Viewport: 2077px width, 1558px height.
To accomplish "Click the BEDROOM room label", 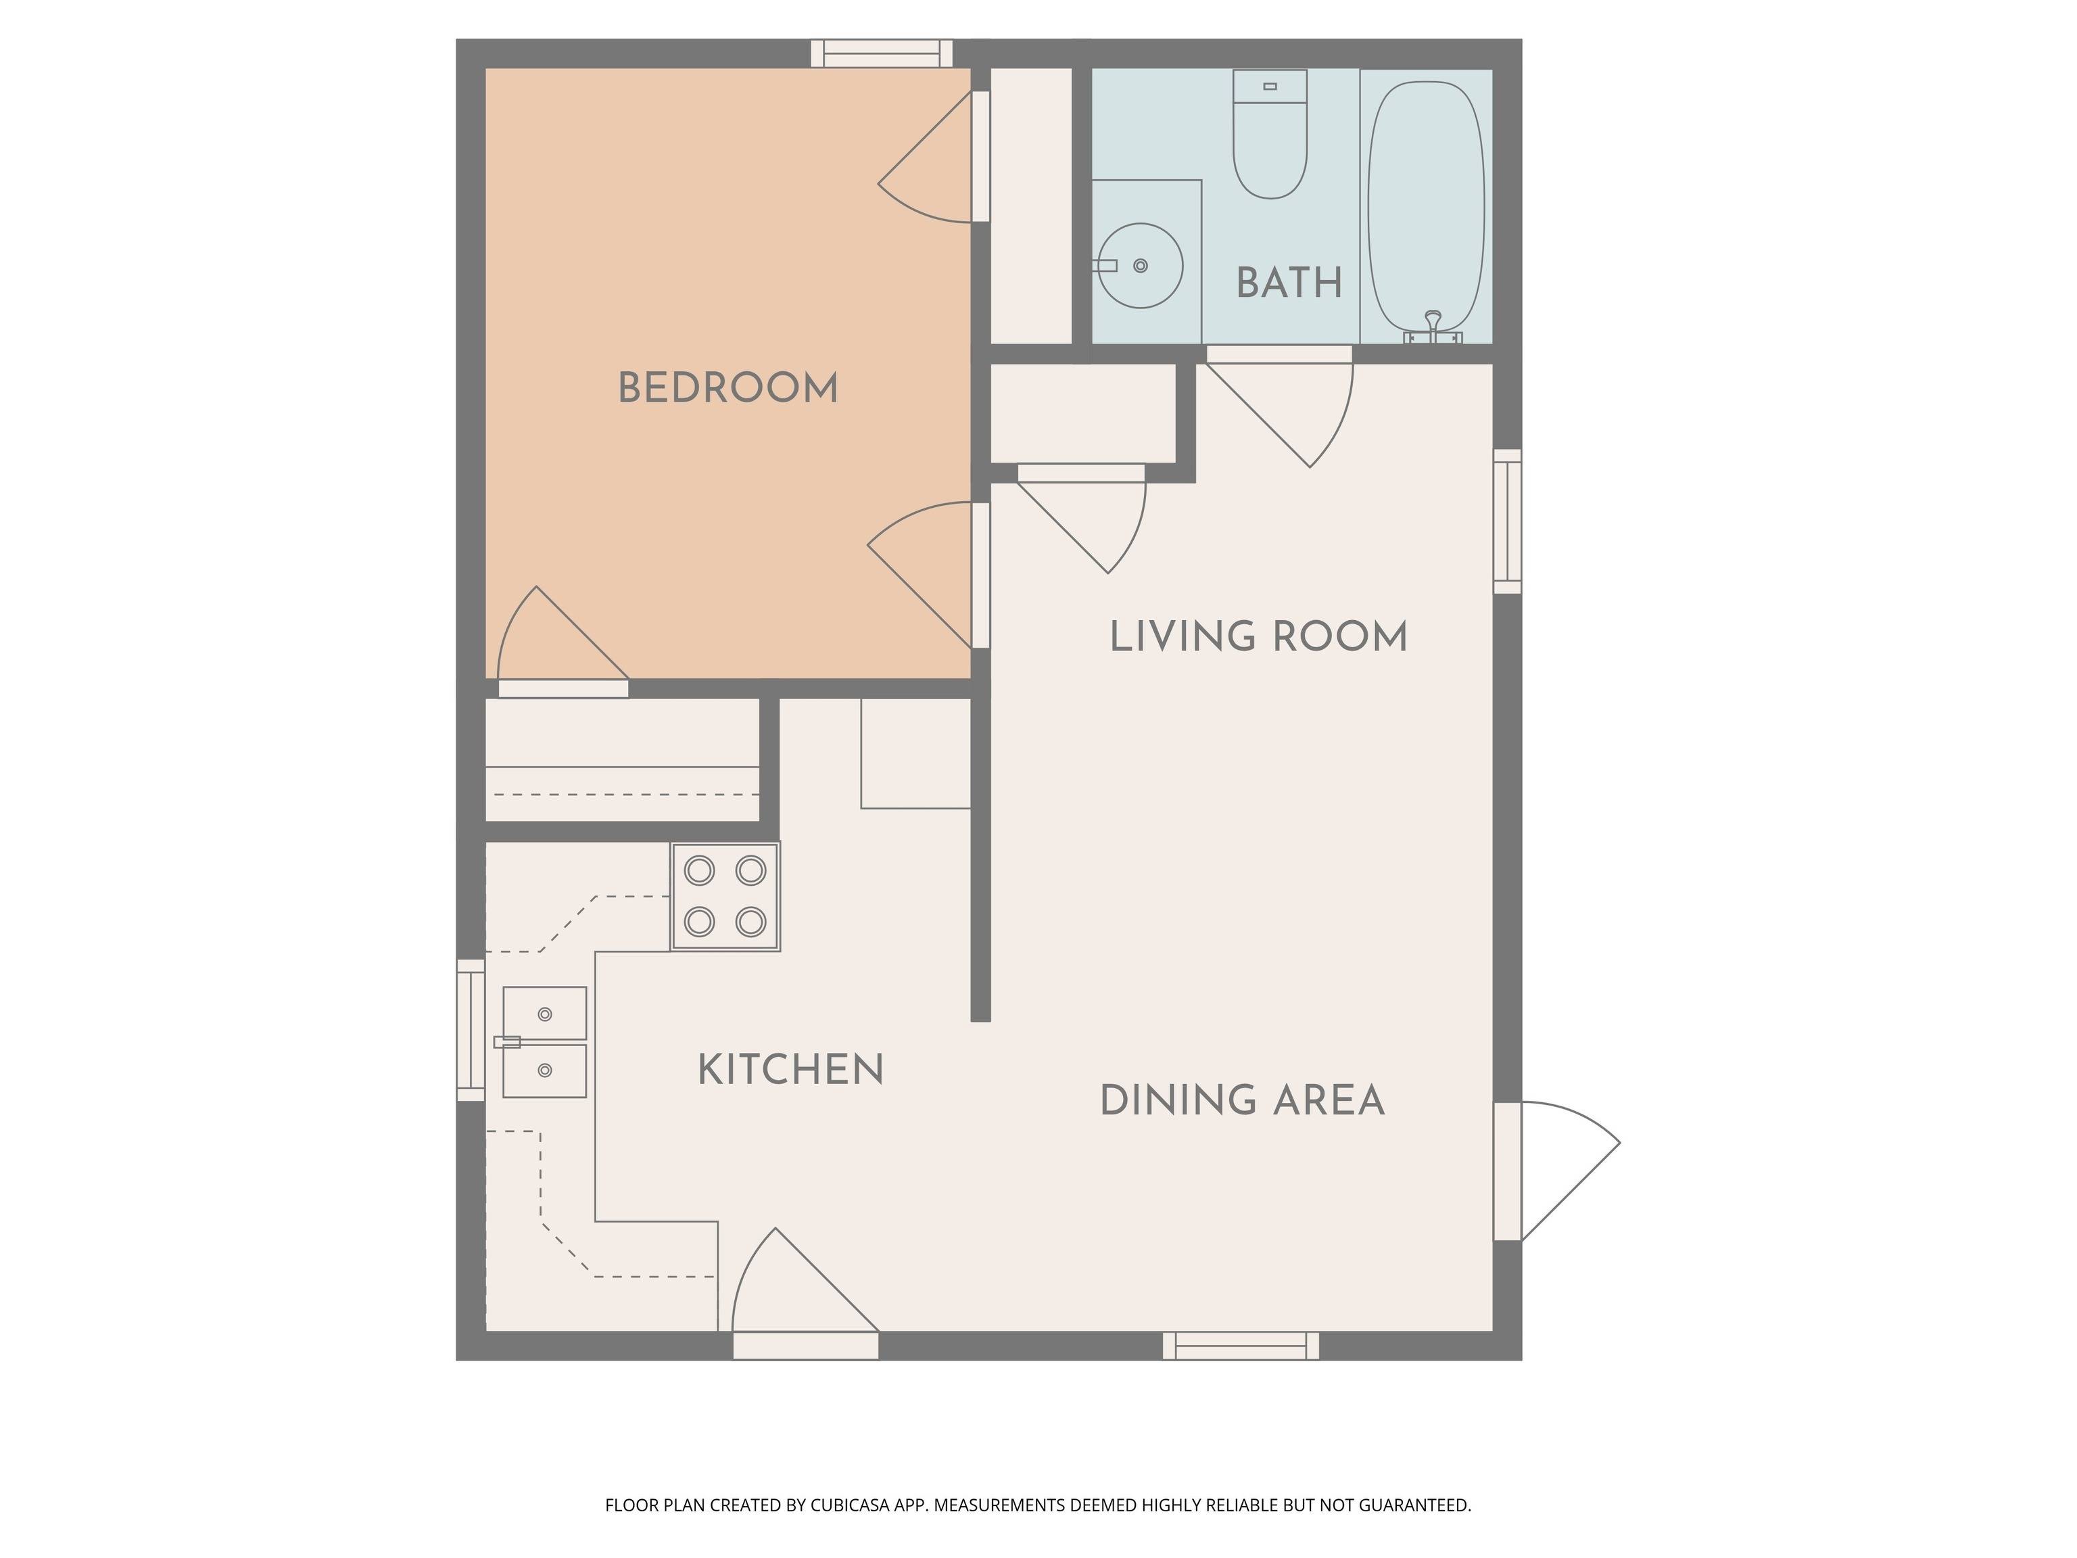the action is pos(727,388).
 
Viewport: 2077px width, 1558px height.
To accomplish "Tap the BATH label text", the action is pos(1289,283).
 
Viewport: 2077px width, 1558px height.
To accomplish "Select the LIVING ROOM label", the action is pos(1258,637).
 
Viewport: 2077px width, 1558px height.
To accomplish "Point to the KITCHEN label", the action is pos(790,1070).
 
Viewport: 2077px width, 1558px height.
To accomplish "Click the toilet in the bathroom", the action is pos(1270,133).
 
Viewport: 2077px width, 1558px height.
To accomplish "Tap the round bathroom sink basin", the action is pos(1140,266).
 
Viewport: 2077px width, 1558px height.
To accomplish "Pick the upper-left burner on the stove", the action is pos(700,870).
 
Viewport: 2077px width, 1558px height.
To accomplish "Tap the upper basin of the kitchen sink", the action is pos(544,1014).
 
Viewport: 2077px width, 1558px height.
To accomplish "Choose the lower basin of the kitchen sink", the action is pos(544,1070).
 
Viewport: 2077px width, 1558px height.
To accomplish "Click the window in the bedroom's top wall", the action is pos(882,53).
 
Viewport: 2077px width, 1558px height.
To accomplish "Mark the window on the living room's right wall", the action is pos(1507,521).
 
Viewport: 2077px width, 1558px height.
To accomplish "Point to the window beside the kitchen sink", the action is pos(471,1029).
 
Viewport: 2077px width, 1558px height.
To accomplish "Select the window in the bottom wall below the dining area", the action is pos(1241,1346).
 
